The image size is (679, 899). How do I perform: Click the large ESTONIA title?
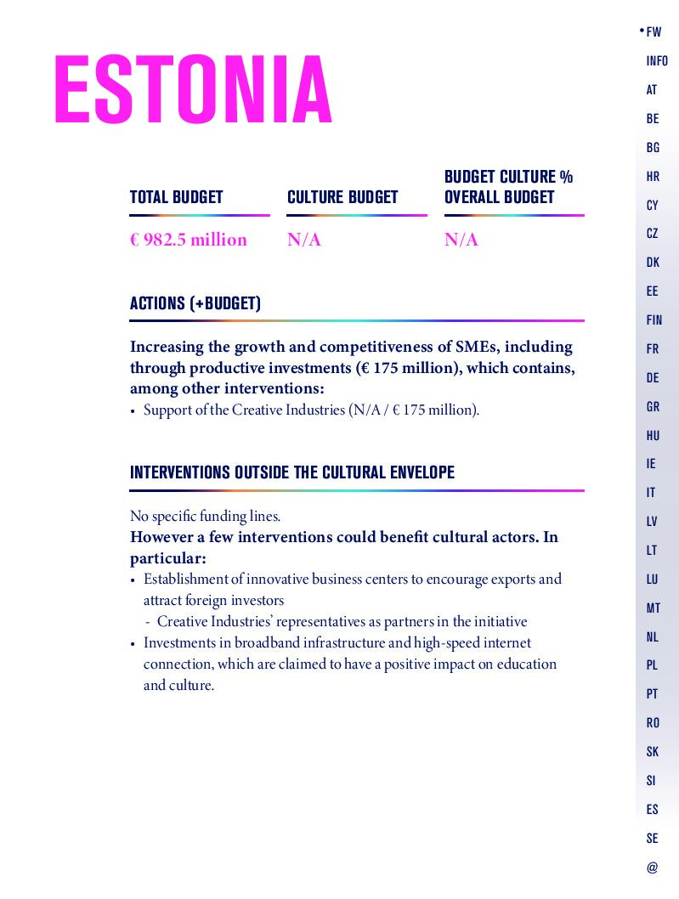point(193,90)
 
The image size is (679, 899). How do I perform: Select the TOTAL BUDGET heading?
point(176,197)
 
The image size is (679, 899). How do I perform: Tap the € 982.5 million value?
point(189,240)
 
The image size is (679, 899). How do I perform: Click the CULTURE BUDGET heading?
point(342,197)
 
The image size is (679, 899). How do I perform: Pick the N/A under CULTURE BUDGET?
point(304,240)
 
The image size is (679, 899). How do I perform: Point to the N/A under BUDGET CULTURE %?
point(461,240)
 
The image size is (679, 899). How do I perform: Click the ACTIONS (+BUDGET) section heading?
point(195,303)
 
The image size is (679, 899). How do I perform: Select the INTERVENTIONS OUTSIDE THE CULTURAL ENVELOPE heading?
point(292,472)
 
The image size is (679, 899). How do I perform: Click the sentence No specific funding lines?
point(205,516)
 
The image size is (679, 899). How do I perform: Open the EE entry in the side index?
point(652,291)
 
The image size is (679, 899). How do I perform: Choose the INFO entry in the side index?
point(657,61)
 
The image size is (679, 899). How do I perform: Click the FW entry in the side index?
point(654,32)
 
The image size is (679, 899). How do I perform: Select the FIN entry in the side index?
point(654,320)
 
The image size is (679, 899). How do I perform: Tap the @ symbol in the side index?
point(652,868)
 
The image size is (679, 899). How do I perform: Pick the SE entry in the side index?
point(652,839)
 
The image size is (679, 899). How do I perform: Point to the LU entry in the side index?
point(652,580)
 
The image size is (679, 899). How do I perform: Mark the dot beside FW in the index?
point(642,31)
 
